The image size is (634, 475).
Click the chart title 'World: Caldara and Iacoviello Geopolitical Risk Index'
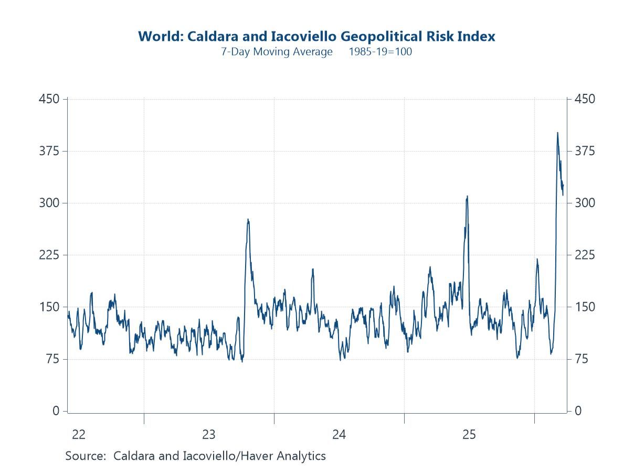click(316, 37)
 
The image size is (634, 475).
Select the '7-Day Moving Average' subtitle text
click(277, 52)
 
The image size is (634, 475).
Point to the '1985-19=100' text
click(380, 52)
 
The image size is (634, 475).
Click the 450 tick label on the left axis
click(49, 99)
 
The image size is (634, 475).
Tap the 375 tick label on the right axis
click(585, 151)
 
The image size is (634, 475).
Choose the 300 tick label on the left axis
click(49, 203)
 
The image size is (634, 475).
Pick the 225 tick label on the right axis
click(585, 255)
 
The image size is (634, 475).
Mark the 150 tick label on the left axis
click(49, 307)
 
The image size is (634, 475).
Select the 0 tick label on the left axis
click(56, 411)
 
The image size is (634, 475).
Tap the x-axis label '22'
click(79, 435)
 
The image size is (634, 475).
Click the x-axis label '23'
click(209, 435)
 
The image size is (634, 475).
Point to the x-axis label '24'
click(339, 435)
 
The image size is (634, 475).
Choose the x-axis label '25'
click(469, 435)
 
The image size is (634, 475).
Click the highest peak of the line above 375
click(557, 133)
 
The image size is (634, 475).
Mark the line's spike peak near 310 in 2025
click(467, 196)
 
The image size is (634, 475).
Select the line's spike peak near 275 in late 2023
click(248, 219)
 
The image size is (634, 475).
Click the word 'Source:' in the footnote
click(86, 456)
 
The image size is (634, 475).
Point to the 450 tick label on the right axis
click(585, 99)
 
